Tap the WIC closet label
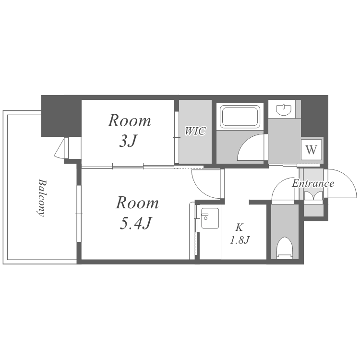(x=195, y=131)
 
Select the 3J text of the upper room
(x=128, y=141)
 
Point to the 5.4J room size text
(x=136, y=223)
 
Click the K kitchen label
(x=239, y=228)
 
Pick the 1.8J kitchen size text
(x=240, y=240)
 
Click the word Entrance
(x=313, y=183)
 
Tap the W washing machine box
(x=312, y=150)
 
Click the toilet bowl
(x=285, y=249)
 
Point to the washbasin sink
(x=284, y=110)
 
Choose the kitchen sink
(x=210, y=218)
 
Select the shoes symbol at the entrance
(x=313, y=195)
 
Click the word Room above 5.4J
(x=137, y=203)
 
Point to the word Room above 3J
(x=130, y=120)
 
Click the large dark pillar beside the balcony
(x=61, y=116)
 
